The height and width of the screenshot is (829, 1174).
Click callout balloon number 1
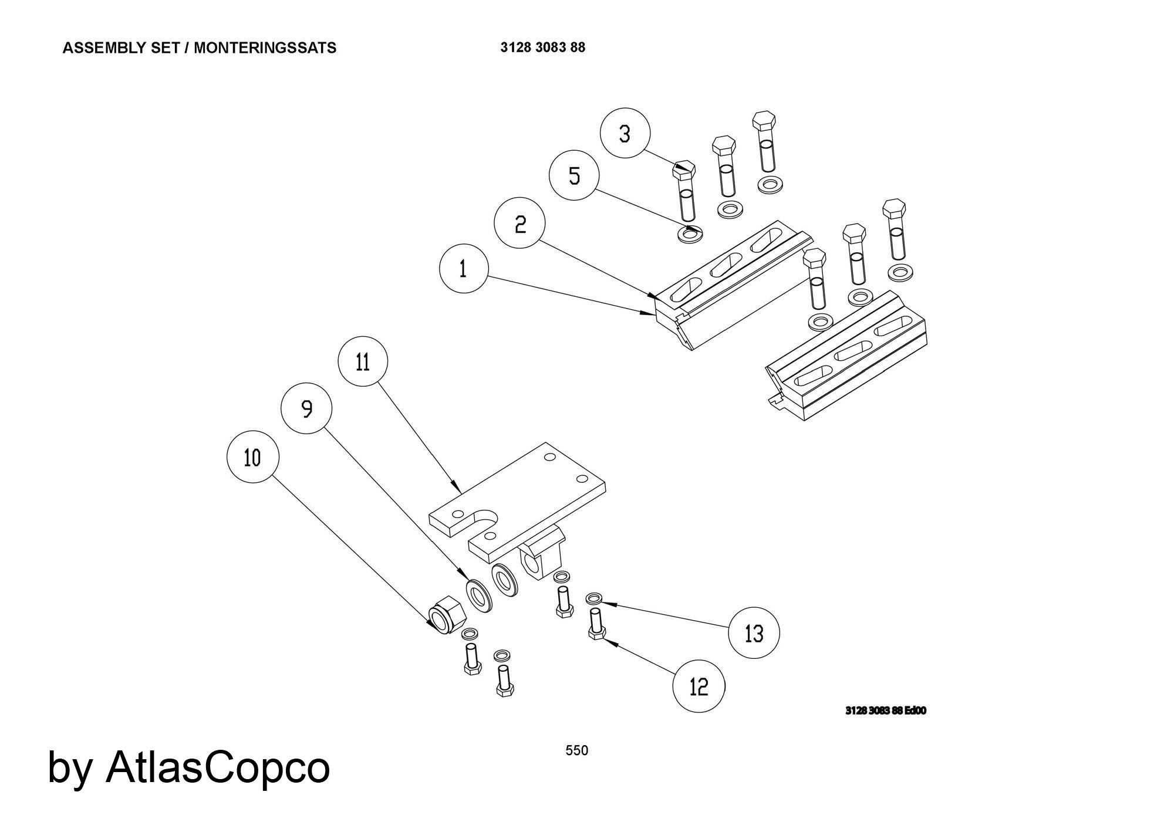464,269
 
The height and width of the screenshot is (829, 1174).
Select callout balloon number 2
519,223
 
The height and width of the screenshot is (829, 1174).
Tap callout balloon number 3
625,133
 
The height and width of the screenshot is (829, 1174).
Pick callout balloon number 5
574,175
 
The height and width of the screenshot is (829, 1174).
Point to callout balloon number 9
306,409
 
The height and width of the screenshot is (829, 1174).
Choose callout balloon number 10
252,458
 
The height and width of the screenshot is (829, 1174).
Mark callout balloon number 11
363,361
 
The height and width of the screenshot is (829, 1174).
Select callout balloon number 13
754,633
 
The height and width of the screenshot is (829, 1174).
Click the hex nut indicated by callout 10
447,615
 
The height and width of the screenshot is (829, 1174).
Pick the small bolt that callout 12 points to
595,625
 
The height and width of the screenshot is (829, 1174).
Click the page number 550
576,750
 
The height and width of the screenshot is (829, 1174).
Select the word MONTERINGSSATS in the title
265,48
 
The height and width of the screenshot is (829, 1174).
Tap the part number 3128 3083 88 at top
542,48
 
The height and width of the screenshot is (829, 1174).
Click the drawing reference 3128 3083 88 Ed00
886,710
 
